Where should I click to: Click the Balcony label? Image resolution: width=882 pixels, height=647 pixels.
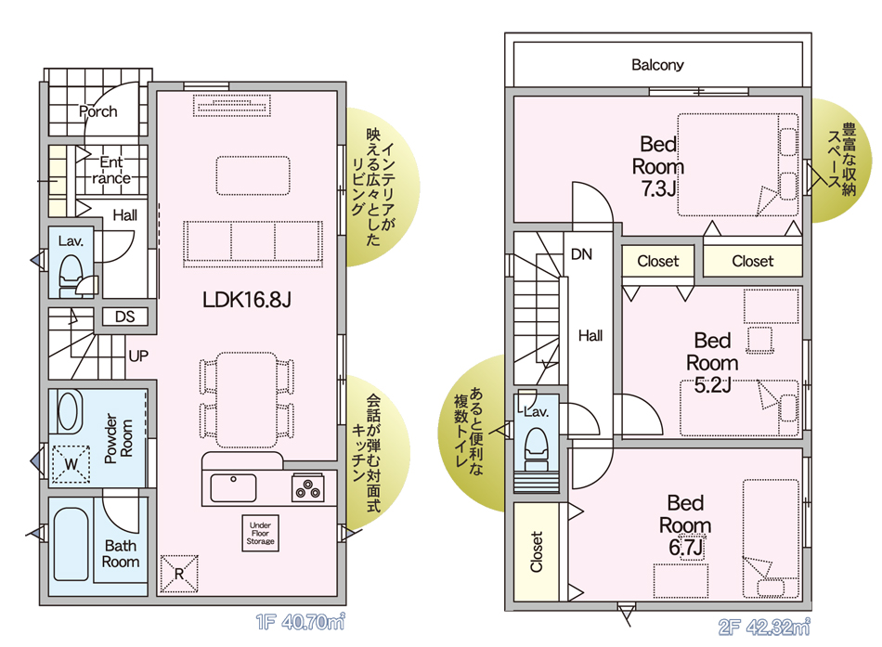click(x=657, y=65)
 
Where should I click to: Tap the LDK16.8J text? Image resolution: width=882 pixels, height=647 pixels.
click(x=247, y=300)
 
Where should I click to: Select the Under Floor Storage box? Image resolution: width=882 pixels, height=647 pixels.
click(x=261, y=533)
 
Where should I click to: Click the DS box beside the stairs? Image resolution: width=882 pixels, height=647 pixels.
click(x=125, y=317)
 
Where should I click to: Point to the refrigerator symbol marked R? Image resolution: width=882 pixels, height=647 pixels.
click(x=179, y=574)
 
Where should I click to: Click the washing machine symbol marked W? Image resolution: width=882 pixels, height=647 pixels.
click(x=71, y=464)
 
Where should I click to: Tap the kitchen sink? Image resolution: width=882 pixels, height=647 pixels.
click(x=233, y=487)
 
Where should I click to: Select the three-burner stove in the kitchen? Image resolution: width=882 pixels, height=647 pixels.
click(x=307, y=487)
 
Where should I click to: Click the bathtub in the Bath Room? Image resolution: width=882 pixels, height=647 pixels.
click(x=71, y=545)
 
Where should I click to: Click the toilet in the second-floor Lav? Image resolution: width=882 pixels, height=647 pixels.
click(x=536, y=448)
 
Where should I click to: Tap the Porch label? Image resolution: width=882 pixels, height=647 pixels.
click(x=98, y=111)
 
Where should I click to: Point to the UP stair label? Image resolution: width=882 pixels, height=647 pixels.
click(x=138, y=356)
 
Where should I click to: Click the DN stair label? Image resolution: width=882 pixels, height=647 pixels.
click(x=581, y=254)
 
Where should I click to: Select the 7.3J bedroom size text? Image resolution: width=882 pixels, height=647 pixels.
click(x=658, y=188)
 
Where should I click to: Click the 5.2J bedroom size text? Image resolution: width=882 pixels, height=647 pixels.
click(x=712, y=385)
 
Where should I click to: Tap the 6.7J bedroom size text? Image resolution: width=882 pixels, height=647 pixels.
click(x=686, y=547)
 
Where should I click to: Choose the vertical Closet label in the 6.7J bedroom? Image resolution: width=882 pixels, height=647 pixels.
click(x=536, y=552)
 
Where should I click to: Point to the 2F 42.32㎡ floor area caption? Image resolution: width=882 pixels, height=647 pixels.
click(x=764, y=627)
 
